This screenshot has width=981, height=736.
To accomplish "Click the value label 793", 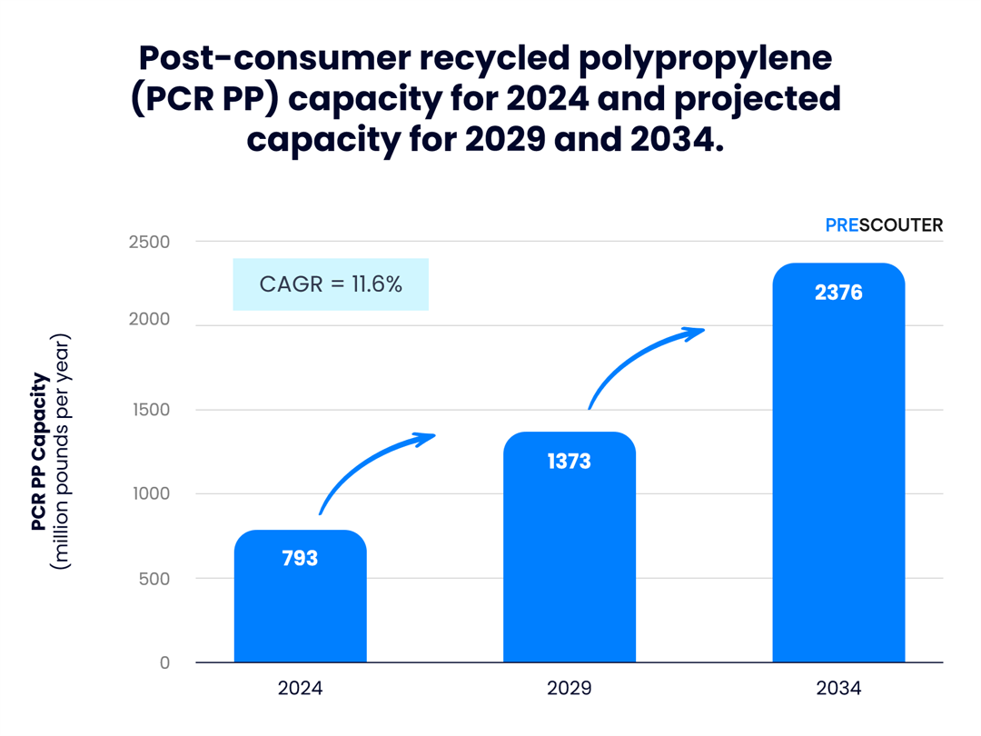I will click(300, 558).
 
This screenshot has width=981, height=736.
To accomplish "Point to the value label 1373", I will click(570, 462).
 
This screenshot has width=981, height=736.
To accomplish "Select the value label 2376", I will click(838, 293).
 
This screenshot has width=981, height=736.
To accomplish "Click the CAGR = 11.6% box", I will click(331, 284).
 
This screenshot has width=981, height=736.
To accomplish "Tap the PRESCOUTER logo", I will click(884, 224).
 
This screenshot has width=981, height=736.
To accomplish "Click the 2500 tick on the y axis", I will click(149, 242).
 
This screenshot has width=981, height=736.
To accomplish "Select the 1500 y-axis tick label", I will click(149, 410).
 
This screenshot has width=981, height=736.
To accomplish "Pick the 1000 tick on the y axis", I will click(149, 494).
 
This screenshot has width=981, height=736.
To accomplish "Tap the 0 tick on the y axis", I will click(164, 663).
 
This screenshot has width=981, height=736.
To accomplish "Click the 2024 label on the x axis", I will click(300, 688).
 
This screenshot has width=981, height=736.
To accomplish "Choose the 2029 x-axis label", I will click(570, 688).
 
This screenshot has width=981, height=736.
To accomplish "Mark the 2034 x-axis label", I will click(838, 688).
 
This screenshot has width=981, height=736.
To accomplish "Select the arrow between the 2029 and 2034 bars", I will click(641, 358).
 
